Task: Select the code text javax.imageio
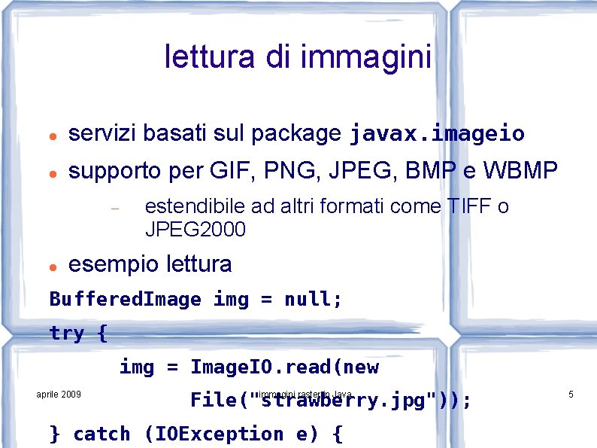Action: tap(437, 135)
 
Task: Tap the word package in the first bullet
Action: tap(295, 134)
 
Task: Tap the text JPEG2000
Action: tap(195, 230)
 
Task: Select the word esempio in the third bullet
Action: tap(114, 264)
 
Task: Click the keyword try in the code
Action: tap(67, 333)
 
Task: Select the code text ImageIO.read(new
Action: tap(284, 367)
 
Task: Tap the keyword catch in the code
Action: tap(102, 434)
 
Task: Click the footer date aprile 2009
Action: tap(59, 395)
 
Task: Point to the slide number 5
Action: tap(571, 395)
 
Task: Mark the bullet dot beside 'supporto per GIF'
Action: tap(50, 173)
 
